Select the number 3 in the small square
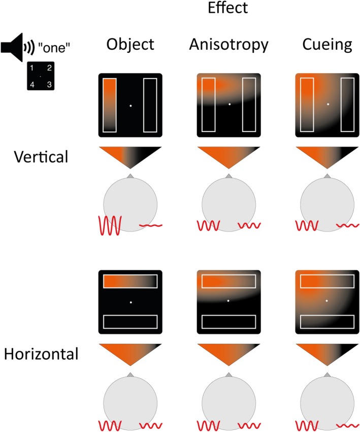(x=49, y=84)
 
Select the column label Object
(x=130, y=46)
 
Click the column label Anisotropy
(x=228, y=46)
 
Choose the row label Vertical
(x=41, y=157)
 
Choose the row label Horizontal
(x=41, y=354)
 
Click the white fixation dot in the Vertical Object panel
(x=130, y=106)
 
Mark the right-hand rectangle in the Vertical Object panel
(x=150, y=105)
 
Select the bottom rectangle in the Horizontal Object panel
(x=130, y=322)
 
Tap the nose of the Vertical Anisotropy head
(x=229, y=176)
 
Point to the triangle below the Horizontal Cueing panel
(x=326, y=353)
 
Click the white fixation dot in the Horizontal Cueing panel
(x=327, y=301)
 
